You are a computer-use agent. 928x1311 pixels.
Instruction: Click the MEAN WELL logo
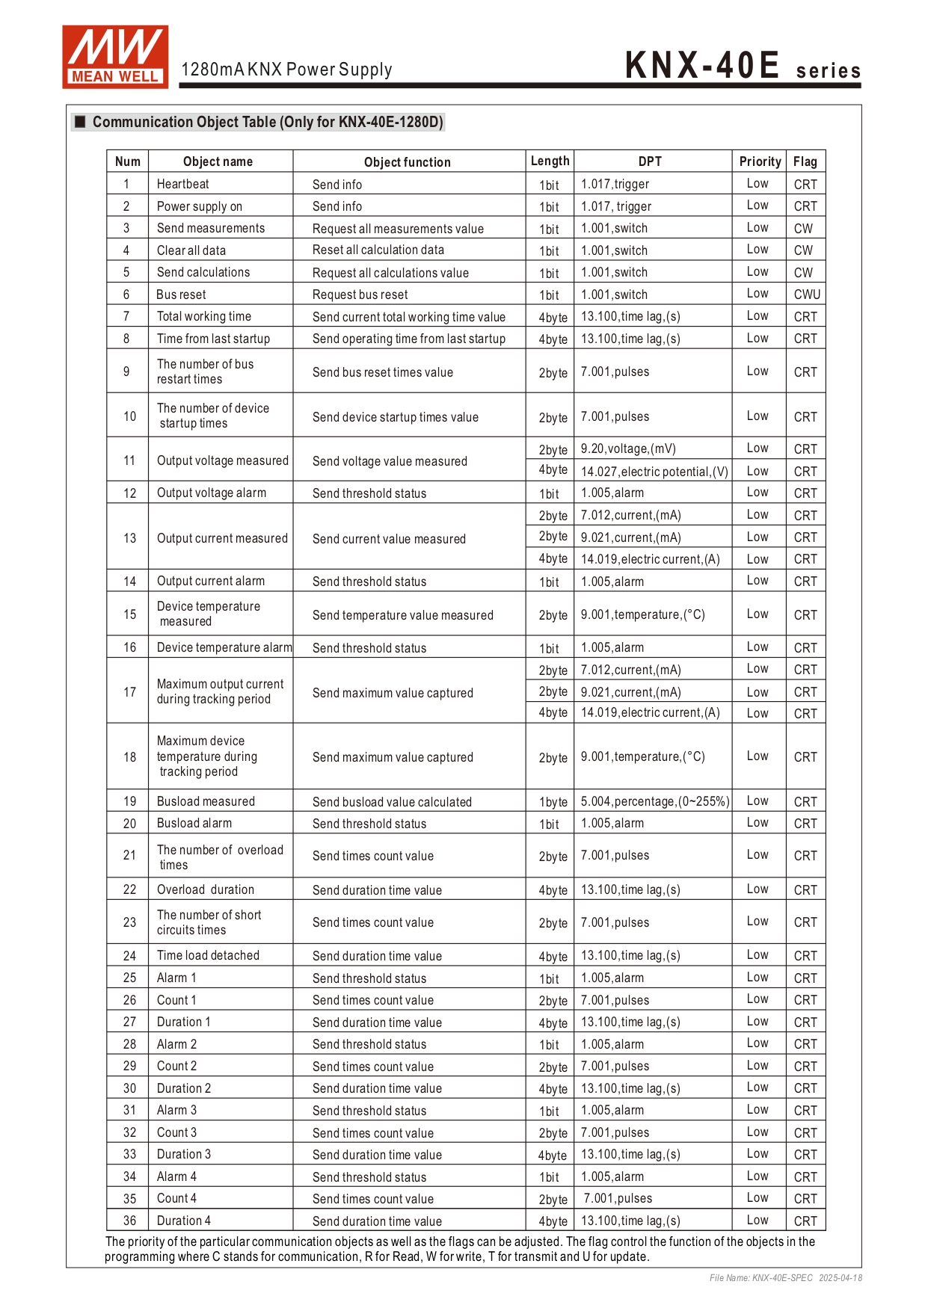[115, 58]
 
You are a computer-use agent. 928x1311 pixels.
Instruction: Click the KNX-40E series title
[742, 66]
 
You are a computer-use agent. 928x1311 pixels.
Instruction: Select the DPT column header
[650, 161]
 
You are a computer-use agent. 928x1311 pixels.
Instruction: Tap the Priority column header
[760, 161]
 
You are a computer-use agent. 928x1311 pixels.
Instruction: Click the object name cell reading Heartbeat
[183, 184]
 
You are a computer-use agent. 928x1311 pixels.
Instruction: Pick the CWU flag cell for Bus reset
[807, 294]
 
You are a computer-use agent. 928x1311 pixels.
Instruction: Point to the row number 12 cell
[129, 493]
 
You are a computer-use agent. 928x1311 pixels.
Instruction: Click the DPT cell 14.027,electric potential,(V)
[654, 472]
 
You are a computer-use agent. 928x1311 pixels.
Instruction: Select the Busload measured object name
[206, 801]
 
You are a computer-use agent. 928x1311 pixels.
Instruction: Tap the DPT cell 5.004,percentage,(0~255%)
[654, 801]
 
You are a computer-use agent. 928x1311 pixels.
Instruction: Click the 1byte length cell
[553, 802]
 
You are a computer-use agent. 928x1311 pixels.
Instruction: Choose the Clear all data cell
[191, 250]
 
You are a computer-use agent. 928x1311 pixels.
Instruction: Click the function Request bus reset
[360, 294]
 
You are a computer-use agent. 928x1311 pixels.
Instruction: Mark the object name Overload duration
[206, 889]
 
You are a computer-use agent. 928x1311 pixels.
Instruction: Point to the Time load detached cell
[208, 955]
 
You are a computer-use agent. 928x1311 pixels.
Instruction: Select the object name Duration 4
[184, 1221]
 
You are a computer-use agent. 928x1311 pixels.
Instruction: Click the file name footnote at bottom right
[785, 1278]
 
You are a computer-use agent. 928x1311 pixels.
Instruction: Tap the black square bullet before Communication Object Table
[80, 122]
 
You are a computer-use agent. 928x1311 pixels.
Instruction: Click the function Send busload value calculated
[392, 802]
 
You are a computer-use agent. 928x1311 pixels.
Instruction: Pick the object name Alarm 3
[176, 1110]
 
